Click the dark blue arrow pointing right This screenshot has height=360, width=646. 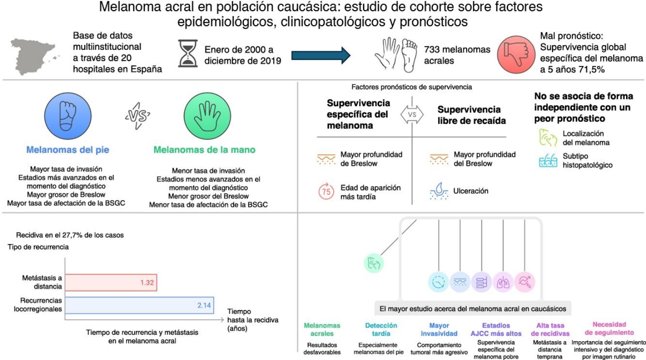tap(320, 54)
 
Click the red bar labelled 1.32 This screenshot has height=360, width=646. tap(111, 282)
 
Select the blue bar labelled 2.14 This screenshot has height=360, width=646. tap(140, 306)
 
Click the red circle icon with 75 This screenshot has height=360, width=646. tap(327, 191)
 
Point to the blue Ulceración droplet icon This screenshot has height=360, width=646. tap(439, 192)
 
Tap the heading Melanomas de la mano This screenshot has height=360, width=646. tap(204, 150)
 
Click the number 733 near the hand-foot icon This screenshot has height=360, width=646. tap(432, 49)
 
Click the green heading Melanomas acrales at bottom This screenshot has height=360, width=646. tap(322, 329)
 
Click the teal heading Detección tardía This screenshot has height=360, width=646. tap(381, 329)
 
